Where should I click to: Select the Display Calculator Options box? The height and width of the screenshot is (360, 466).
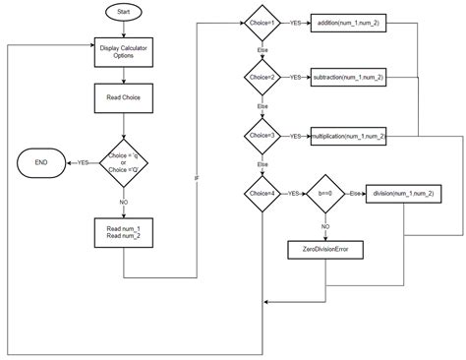click(123, 51)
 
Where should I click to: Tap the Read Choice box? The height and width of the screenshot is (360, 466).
click(122, 98)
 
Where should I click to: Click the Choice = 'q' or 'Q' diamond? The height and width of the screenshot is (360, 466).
click(123, 162)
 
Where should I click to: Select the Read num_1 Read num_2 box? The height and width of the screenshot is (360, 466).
click(123, 232)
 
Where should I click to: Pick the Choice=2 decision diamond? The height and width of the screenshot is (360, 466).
click(262, 75)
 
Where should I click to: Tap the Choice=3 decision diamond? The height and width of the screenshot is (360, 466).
click(262, 134)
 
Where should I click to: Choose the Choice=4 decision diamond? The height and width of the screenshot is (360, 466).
click(262, 195)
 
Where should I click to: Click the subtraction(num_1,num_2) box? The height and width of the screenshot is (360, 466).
click(347, 75)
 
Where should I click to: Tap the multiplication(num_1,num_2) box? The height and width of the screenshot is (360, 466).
click(347, 134)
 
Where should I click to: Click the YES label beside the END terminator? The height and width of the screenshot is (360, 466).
click(83, 162)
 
